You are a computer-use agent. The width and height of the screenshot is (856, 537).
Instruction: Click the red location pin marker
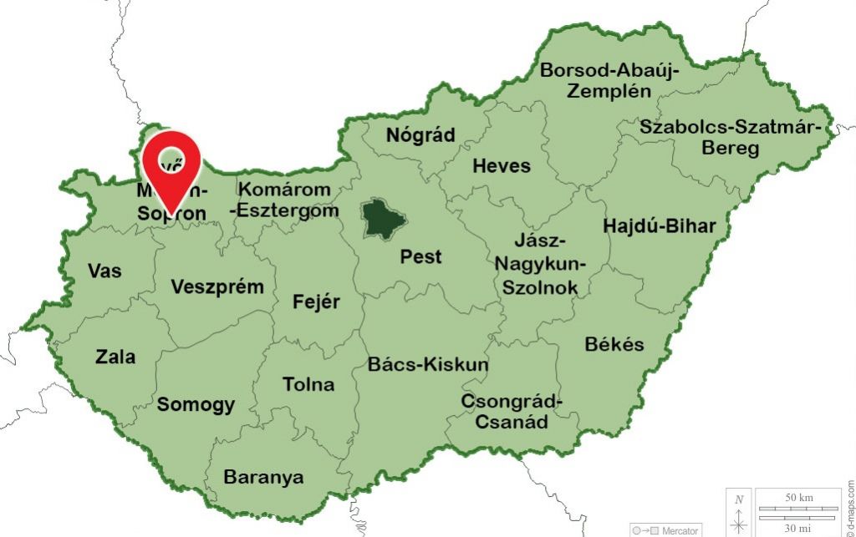(171, 164)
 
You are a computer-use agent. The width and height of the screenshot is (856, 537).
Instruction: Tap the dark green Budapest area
(384, 218)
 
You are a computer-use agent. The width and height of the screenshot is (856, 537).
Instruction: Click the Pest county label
(420, 256)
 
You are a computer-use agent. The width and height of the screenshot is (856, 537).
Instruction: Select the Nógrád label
(420, 135)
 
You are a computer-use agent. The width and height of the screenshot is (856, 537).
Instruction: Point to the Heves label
(502, 165)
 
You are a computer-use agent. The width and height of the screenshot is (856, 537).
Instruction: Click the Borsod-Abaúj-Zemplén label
(609, 80)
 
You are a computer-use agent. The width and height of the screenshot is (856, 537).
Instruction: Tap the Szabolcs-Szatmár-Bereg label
(736, 138)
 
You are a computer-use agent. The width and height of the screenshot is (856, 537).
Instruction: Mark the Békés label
(614, 344)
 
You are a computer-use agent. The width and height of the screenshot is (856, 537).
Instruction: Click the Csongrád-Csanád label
(512, 411)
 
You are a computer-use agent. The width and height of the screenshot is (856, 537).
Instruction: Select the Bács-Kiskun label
(428, 364)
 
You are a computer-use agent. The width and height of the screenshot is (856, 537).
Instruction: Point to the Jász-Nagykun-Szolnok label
(540, 264)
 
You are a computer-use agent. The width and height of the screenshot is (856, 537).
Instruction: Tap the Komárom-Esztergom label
(286, 200)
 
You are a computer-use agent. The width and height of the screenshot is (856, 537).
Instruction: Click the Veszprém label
(217, 286)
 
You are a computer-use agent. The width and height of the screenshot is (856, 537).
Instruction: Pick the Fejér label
(316, 301)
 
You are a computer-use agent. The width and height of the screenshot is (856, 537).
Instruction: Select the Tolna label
(308, 384)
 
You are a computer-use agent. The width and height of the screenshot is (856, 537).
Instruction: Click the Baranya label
(263, 477)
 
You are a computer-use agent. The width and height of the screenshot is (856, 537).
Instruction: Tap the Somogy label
(196, 405)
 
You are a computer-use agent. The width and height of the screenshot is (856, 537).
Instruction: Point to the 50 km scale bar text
(798, 498)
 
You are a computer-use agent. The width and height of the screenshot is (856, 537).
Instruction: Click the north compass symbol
(739, 514)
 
